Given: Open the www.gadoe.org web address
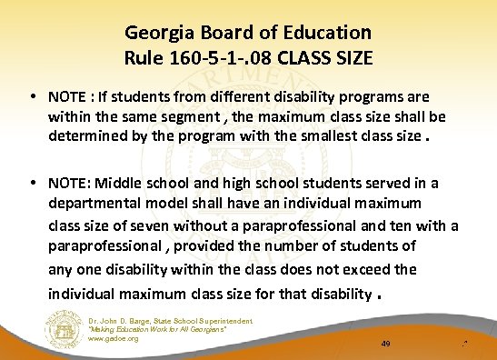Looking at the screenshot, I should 114,338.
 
